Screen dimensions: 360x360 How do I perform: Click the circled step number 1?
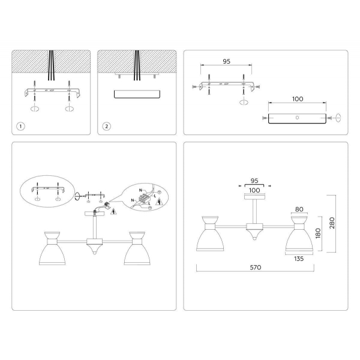click(x=21, y=126)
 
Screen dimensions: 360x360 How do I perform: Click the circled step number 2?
click(x=106, y=126)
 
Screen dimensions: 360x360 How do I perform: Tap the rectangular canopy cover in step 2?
click(x=137, y=94)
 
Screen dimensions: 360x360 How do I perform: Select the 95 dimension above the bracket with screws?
click(x=227, y=61)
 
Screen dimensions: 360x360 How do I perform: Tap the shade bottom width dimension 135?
click(x=298, y=260)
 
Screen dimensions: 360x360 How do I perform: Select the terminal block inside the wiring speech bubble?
click(x=144, y=196)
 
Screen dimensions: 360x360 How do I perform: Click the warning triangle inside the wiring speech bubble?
click(x=158, y=202)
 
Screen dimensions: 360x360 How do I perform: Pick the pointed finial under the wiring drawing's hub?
click(x=95, y=254)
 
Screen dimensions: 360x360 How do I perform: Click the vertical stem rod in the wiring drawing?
click(x=95, y=227)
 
